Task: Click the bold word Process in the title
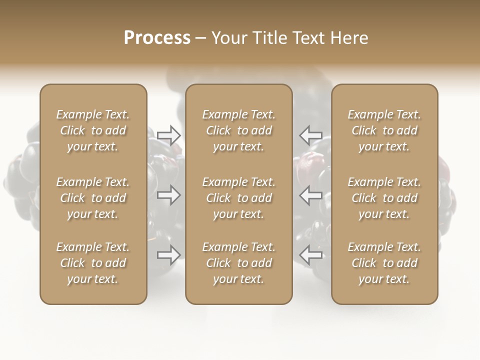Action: point(157,38)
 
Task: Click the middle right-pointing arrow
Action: point(169,195)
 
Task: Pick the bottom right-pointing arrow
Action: point(169,255)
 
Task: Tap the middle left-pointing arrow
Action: point(310,195)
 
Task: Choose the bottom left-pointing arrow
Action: point(310,255)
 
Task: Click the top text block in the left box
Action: point(93,130)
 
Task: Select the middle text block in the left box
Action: point(93,198)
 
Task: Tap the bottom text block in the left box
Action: point(93,263)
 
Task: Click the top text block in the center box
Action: point(238,130)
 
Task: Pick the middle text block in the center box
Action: point(238,198)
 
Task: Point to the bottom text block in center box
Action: point(238,263)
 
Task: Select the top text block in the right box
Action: point(384,130)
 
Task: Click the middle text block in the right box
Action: point(384,198)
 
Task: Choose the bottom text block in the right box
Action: point(384,263)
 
